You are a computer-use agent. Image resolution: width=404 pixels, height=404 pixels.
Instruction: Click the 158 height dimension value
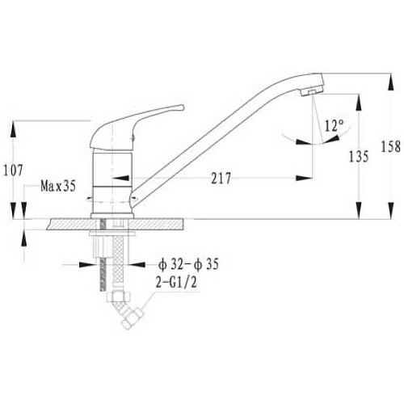coord(390,147)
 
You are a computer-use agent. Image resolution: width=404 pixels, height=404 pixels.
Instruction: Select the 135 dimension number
coord(359,157)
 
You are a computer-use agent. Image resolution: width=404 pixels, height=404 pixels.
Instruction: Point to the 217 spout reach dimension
coord(221,178)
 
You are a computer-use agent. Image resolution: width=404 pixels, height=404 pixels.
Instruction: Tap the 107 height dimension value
coord(13,170)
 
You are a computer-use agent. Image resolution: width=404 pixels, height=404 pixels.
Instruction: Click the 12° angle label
coord(334,125)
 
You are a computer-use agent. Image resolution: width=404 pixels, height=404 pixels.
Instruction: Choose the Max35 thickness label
coord(58,186)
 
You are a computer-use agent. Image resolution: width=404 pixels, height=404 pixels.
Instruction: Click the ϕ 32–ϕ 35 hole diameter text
coord(188,264)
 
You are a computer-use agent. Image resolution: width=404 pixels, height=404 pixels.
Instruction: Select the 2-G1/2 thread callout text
coord(176,282)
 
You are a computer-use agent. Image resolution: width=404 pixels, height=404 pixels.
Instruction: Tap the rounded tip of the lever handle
coord(182,107)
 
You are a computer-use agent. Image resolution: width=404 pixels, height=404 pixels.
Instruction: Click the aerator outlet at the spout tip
coord(312,92)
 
